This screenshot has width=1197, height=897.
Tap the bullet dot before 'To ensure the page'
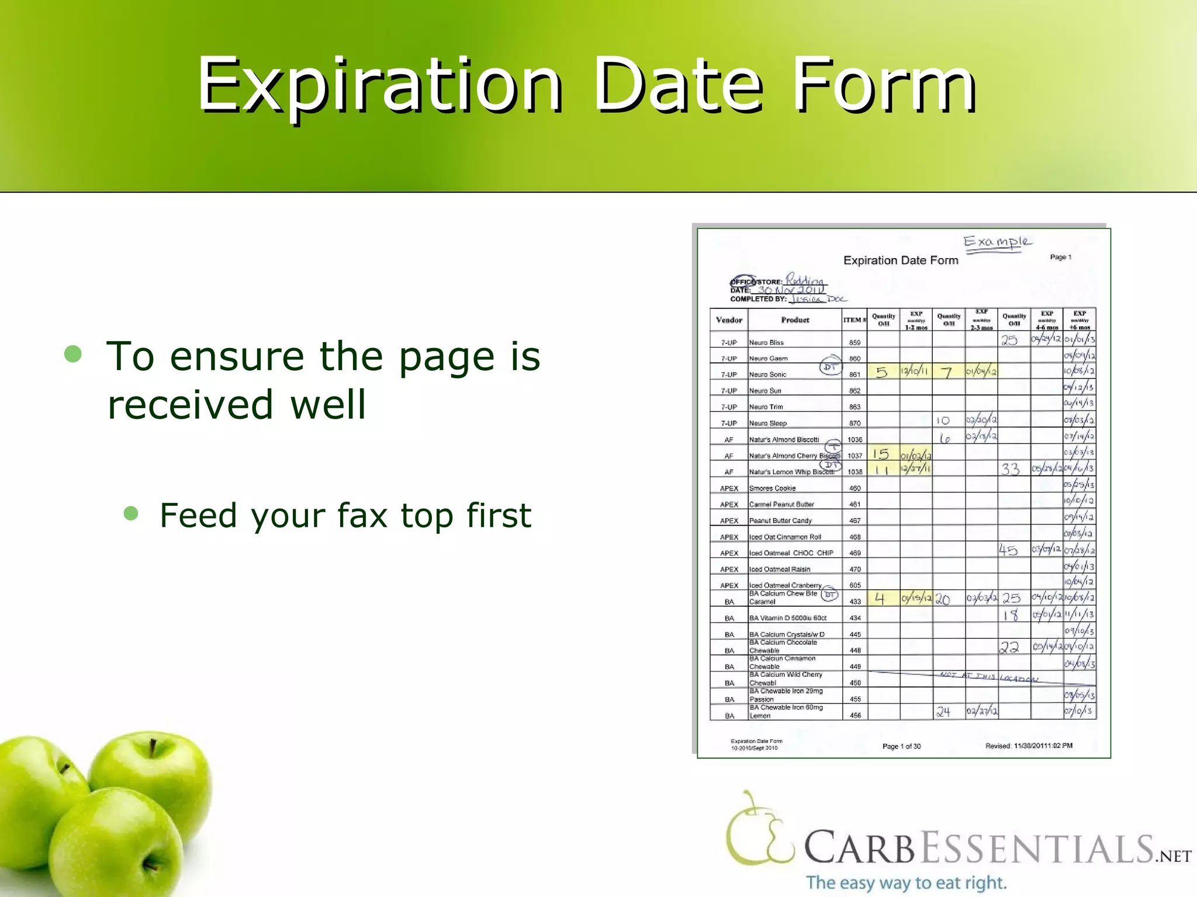point(73,353)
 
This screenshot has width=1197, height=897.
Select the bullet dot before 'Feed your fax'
point(132,513)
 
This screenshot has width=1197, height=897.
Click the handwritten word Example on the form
point(997,242)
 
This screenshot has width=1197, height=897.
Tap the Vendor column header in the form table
point(729,320)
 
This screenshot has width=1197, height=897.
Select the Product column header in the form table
point(795,320)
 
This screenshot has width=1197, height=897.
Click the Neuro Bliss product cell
point(766,342)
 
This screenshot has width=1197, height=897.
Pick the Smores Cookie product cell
point(772,488)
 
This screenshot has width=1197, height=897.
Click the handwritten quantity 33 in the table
point(1010,469)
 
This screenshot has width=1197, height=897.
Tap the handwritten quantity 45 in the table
point(1008,550)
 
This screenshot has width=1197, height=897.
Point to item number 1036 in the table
point(854,440)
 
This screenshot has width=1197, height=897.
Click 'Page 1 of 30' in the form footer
point(901,746)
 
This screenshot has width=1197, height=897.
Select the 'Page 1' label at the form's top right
point(1060,257)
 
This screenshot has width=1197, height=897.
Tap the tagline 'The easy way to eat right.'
point(907,882)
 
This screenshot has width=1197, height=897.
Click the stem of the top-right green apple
point(153,747)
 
